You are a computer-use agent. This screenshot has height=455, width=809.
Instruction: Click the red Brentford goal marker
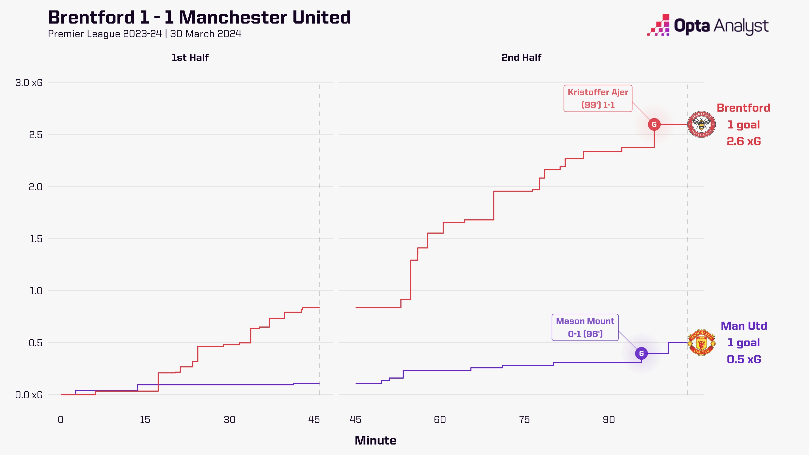[654, 124]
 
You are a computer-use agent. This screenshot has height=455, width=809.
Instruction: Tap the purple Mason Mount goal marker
[641, 353]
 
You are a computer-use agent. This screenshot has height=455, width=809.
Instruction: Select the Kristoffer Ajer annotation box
[598, 98]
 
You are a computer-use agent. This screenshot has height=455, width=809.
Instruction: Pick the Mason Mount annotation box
[585, 327]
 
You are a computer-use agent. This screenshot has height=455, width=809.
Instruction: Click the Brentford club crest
[701, 124]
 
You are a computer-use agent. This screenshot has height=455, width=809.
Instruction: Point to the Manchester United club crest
[701, 343]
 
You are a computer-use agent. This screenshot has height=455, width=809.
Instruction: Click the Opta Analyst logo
[707, 25]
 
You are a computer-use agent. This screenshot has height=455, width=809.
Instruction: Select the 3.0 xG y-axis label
[29, 83]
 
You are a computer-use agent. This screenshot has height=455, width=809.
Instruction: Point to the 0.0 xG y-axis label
[29, 395]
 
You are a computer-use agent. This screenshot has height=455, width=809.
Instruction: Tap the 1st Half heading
[190, 57]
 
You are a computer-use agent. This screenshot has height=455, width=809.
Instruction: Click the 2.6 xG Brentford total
[744, 141]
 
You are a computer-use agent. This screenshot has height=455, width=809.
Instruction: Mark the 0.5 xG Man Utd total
[744, 359]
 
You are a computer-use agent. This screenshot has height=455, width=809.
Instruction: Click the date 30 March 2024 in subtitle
[206, 34]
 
